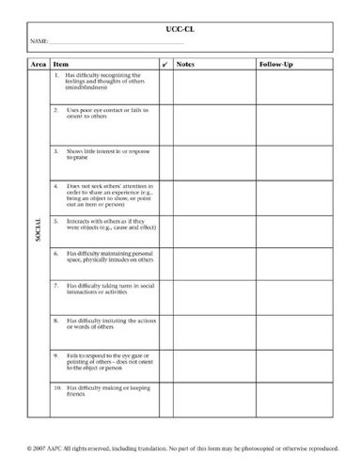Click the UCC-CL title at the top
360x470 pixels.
pos(180,30)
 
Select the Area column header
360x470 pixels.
pos(39,64)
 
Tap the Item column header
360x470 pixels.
pos(61,64)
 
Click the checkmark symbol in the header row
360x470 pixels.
pos(164,64)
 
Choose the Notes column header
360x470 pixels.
pos(185,64)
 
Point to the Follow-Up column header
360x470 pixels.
pos(274,64)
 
